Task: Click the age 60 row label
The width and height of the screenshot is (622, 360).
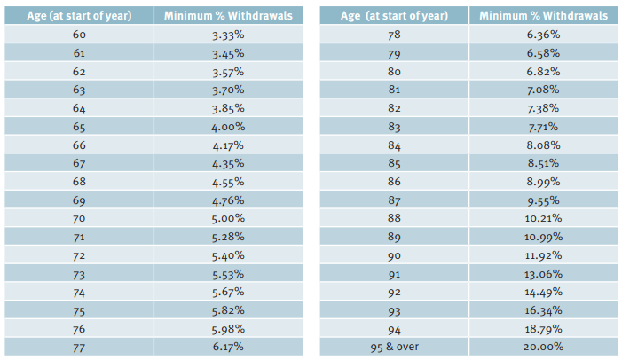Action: [x=78, y=35]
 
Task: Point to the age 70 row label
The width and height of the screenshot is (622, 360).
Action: [x=78, y=218]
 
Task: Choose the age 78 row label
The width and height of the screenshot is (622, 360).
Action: [x=396, y=35]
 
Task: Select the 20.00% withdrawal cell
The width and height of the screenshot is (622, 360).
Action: [x=544, y=347]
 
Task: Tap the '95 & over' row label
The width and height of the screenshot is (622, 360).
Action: [x=396, y=347]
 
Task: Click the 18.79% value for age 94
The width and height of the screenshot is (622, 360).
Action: [x=544, y=328]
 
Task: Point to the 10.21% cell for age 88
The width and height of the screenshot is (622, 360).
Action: [x=544, y=218]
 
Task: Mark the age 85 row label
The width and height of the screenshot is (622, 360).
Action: [x=396, y=163]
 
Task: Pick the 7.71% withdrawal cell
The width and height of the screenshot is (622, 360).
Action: [x=544, y=127]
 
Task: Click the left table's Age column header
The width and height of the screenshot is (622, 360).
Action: [x=78, y=16]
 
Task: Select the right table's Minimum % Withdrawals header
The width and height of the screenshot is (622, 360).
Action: [x=544, y=16]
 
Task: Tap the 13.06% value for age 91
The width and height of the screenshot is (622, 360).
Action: [x=544, y=273]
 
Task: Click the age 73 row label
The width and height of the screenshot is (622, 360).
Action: [x=78, y=273]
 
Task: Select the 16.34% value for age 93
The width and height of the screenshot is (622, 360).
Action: [x=544, y=310]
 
